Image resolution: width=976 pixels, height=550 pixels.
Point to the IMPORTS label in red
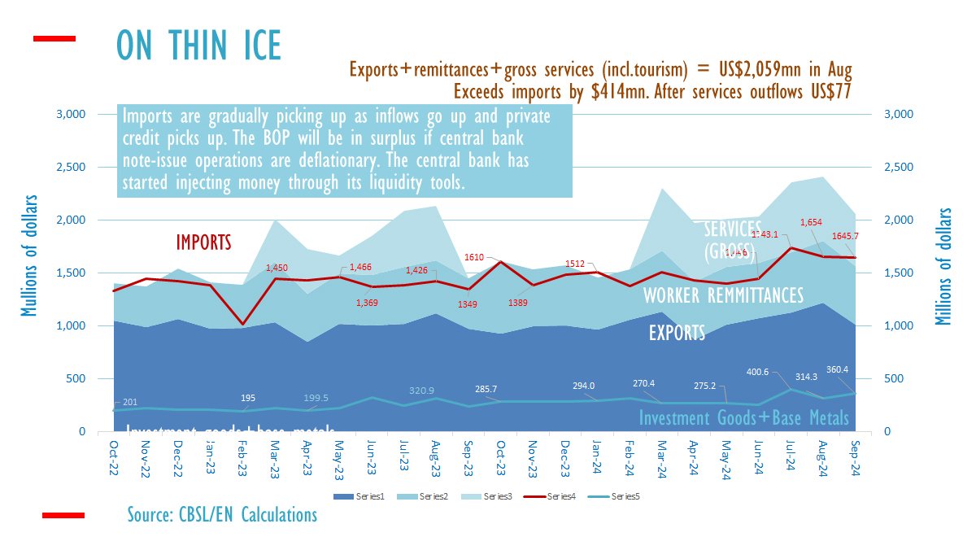click(x=203, y=242)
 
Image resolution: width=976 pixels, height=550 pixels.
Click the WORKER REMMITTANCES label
click(x=723, y=295)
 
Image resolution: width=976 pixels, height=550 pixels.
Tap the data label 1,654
click(x=810, y=222)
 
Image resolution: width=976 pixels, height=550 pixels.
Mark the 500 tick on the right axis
click(x=894, y=379)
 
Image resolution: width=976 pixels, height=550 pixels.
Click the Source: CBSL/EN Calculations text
click(x=222, y=515)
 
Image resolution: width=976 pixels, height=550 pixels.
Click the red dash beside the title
click(x=54, y=38)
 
